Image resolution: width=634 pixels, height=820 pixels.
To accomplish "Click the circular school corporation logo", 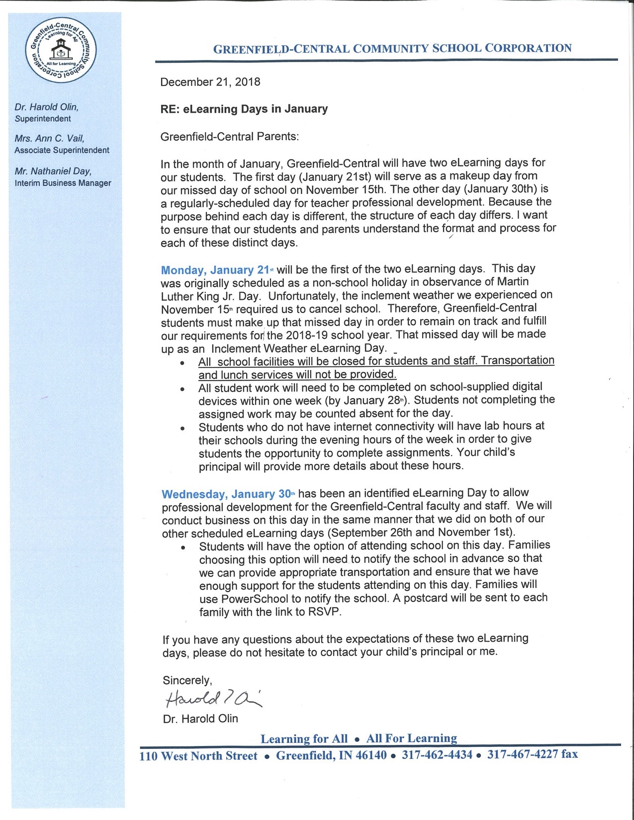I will (x=61, y=50).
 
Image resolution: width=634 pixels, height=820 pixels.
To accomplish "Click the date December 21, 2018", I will (x=210, y=82).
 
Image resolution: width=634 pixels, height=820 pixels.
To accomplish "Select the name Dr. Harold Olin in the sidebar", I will (x=46, y=107).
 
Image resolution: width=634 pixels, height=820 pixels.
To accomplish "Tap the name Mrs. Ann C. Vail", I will (x=49, y=139).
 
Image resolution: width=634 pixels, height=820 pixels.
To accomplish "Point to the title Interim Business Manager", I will (x=63, y=183).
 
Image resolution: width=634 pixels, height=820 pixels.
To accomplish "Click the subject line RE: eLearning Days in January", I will (x=244, y=109).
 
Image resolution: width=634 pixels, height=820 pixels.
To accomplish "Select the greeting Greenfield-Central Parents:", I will (x=229, y=137).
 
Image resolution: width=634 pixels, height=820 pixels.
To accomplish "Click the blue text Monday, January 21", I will (x=215, y=270).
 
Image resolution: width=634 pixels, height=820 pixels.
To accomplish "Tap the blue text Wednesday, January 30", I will (x=226, y=494).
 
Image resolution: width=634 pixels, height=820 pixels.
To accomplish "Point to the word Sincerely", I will (x=187, y=680).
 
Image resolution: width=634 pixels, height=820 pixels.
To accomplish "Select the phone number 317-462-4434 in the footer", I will (x=437, y=755).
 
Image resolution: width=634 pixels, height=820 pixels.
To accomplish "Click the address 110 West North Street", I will (x=198, y=756).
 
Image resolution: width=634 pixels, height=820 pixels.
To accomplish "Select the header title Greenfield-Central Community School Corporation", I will (x=392, y=49).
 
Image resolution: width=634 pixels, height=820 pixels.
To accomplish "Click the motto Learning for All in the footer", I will (x=304, y=738).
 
